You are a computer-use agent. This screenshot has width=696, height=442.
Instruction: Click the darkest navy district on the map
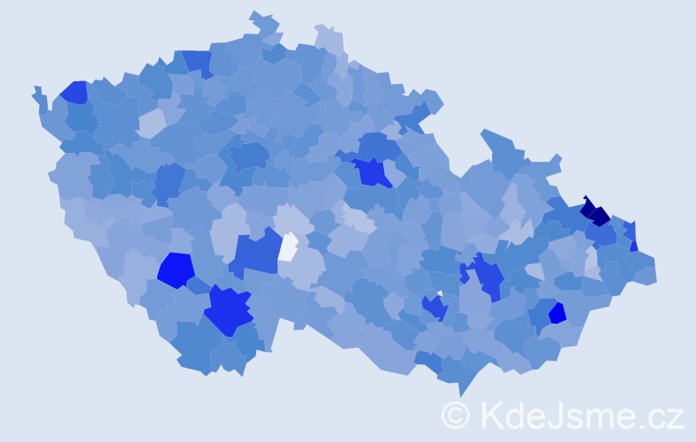tap(595, 213)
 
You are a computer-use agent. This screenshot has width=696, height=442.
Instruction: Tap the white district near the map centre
tap(289, 247)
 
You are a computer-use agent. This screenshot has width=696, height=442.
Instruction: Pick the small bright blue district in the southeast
tap(557, 313)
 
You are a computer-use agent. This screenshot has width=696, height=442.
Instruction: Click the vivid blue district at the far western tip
tap(74, 92)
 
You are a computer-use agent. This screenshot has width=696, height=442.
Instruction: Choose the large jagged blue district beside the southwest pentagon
tap(228, 310)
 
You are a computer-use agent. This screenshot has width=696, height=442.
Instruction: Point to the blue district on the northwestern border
tap(198, 62)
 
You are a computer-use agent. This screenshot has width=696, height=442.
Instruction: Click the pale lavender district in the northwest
tap(151, 123)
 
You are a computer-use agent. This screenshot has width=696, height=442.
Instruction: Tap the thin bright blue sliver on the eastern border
tap(634, 246)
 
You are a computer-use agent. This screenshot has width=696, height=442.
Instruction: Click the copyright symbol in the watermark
tap(456, 415)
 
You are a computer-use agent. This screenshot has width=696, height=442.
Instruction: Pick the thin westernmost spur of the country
tap(37, 92)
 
